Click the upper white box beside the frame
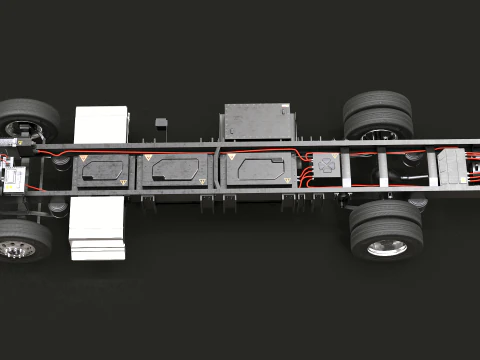101,124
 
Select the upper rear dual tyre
378,113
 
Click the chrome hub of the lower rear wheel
387,246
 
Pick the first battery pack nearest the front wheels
103,171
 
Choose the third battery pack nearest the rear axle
258,171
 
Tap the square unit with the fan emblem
325,169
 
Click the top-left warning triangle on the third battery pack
232,158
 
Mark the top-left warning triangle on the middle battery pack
149,159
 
